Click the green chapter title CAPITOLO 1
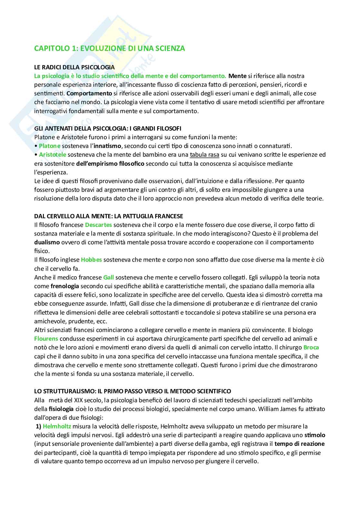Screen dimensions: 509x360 tap(110, 48)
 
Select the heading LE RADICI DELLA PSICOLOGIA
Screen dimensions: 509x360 tap(75, 67)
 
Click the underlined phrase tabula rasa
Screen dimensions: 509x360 tap(205, 155)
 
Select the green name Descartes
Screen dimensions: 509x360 tap(98, 225)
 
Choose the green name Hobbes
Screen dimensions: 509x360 tap(91, 259)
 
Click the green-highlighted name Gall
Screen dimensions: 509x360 tap(108, 277)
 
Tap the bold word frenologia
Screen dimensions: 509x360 tap(65, 286)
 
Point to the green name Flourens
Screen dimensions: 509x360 tap(46, 338)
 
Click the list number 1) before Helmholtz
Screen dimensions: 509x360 tap(38, 426)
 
